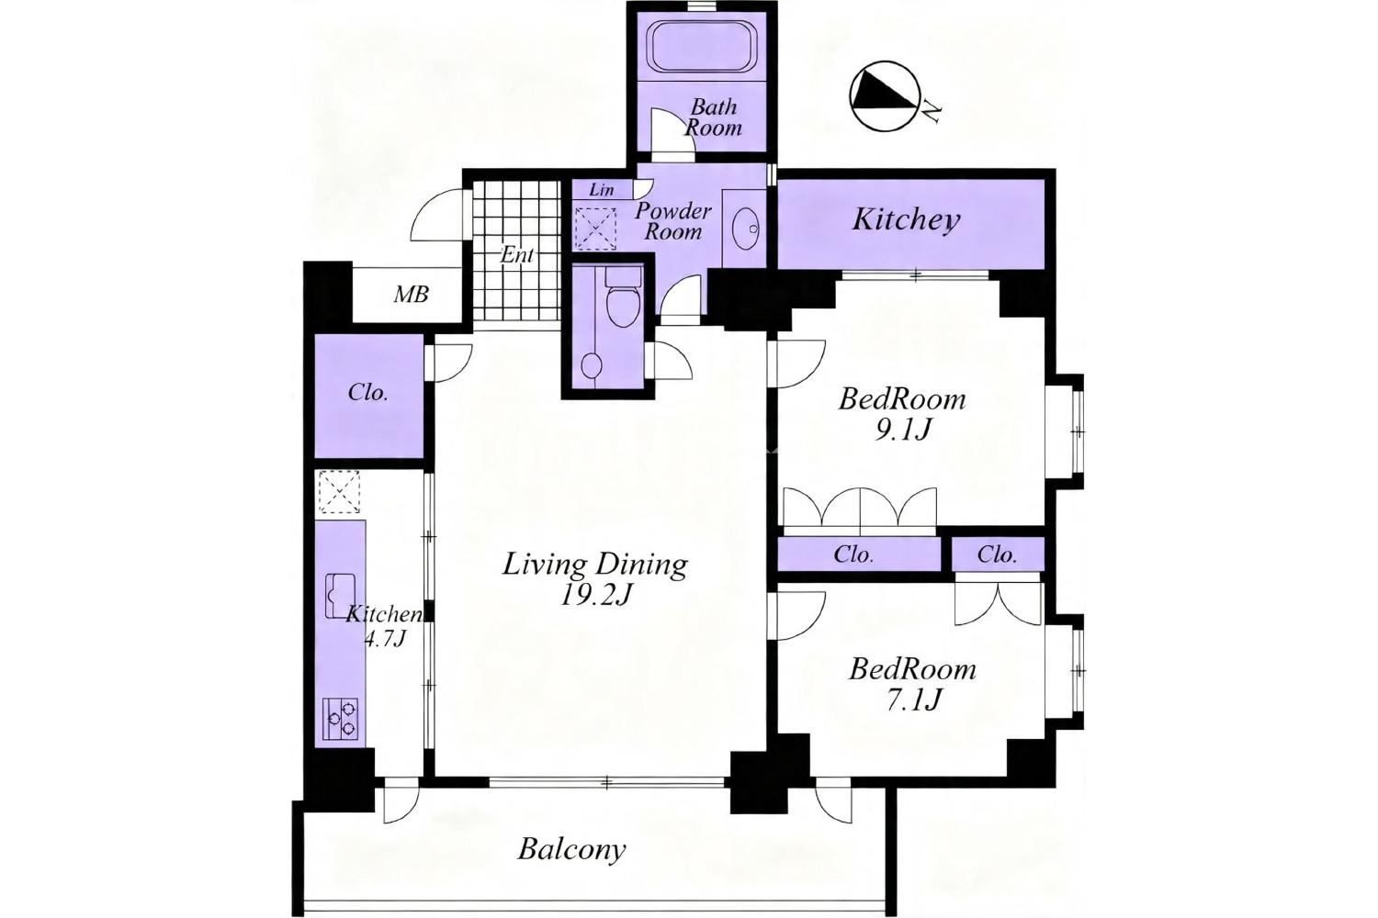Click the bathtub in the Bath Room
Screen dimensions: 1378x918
click(702, 47)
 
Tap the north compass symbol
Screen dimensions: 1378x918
click(885, 95)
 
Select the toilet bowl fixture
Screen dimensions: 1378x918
click(624, 298)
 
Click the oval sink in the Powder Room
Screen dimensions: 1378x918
click(747, 229)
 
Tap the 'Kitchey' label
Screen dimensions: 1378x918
click(906, 220)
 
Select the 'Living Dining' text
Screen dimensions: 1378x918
click(595, 565)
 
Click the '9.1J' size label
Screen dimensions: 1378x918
click(901, 431)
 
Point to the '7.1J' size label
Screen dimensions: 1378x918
click(913, 700)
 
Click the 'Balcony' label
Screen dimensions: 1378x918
click(571, 850)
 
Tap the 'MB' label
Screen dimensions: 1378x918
click(411, 296)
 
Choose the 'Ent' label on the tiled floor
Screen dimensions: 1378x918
click(516, 254)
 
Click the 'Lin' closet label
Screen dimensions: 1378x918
click(601, 190)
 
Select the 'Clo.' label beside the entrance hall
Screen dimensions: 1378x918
click(367, 392)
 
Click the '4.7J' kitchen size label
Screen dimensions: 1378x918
click(385, 640)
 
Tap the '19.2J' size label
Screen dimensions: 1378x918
click(596, 595)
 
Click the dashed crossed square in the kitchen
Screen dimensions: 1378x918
click(340, 492)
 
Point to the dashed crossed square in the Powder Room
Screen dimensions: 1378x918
click(595, 228)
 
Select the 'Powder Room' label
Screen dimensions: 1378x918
click(673, 220)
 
